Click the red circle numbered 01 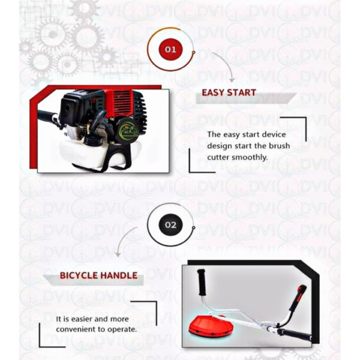pos(171,49)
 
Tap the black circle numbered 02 pos(171,225)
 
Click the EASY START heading pos(229,93)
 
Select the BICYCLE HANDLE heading pos(98,276)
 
